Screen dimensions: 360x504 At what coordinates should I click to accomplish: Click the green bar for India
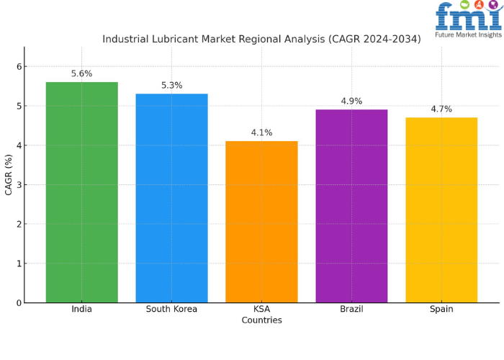pyautogui.click(x=81, y=192)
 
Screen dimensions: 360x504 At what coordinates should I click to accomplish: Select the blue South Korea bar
pyautogui.click(x=171, y=198)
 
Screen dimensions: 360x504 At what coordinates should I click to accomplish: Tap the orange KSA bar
pyautogui.click(x=261, y=222)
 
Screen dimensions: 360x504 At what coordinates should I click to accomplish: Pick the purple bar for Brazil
pyautogui.click(x=351, y=206)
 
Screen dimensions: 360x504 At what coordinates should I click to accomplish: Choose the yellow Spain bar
pyautogui.click(x=441, y=210)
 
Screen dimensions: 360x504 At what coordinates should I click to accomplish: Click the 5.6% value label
pyautogui.click(x=81, y=73)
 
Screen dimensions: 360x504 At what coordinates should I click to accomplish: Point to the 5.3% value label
pyautogui.click(x=171, y=85)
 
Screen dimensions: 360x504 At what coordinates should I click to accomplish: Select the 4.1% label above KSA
pyautogui.click(x=261, y=132)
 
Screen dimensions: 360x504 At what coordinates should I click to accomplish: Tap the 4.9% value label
pyautogui.click(x=351, y=101)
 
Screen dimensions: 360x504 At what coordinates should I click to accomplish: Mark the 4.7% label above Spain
pyautogui.click(x=441, y=109)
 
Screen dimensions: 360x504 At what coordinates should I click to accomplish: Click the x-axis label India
pyautogui.click(x=81, y=310)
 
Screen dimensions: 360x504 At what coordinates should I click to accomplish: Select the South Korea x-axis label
pyautogui.click(x=171, y=310)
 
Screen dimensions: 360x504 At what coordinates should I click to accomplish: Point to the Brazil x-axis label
pyautogui.click(x=351, y=310)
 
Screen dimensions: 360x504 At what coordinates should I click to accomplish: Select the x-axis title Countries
pyautogui.click(x=261, y=320)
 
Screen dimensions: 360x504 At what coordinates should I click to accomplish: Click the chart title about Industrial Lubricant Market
pyautogui.click(x=261, y=39)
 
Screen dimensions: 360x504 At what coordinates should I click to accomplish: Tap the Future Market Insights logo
pyautogui.click(x=468, y=18)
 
